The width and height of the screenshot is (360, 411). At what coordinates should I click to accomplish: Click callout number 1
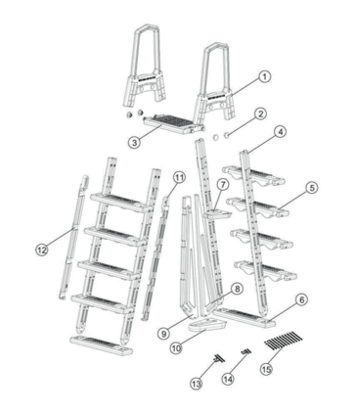point(265,76)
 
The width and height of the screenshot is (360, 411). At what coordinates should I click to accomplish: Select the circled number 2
point(261,114)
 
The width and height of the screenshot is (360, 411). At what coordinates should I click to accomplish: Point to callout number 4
point(280,131)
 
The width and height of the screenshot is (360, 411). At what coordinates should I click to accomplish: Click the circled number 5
point(311,186)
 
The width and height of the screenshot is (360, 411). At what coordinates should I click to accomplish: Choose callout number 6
point(301,299)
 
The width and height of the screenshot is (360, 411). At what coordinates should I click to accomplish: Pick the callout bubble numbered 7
point(223,183)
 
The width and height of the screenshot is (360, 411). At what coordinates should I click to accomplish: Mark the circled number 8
point(236,290)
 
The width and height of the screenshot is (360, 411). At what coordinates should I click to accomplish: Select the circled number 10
point(176,346)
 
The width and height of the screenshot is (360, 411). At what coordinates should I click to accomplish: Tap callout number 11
point(178,177)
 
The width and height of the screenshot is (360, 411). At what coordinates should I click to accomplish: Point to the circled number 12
point(40,251)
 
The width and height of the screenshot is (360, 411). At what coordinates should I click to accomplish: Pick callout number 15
point(266,369)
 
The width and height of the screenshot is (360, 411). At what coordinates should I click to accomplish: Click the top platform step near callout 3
point(172,122)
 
